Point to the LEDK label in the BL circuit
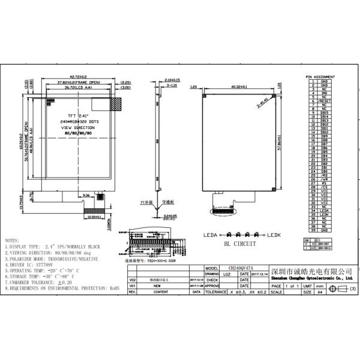coord(275,235)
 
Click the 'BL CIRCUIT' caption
coord(240,244)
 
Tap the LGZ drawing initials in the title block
coord(226,274)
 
